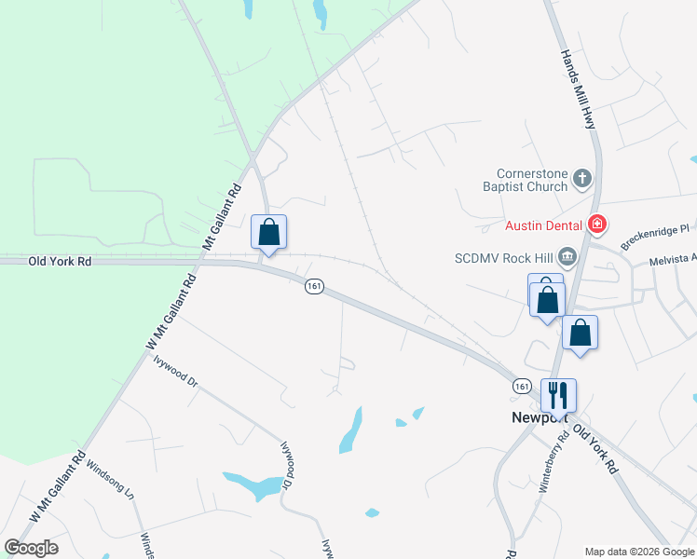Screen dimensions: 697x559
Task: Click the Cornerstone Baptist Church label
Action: (532, 180)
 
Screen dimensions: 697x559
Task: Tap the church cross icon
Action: (582, 178)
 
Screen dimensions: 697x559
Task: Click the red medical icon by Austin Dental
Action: (597, 225)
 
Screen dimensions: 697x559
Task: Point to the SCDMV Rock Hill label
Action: (503, 257)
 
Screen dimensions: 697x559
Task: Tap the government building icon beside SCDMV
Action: (567, 257)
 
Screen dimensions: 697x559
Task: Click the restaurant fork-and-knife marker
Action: (558, 395)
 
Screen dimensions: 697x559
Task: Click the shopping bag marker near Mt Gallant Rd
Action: (268, 232)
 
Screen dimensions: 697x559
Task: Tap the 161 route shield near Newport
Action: (522, 386)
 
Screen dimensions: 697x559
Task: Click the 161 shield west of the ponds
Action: (313, 288)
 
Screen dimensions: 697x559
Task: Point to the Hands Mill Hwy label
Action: (577, 89)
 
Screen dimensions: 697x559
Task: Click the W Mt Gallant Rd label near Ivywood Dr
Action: (171, 311)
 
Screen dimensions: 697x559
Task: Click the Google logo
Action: (31, 548)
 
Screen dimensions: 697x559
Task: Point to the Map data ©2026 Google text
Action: (639, 551)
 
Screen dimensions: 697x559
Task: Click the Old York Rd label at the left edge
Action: (61, 263)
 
